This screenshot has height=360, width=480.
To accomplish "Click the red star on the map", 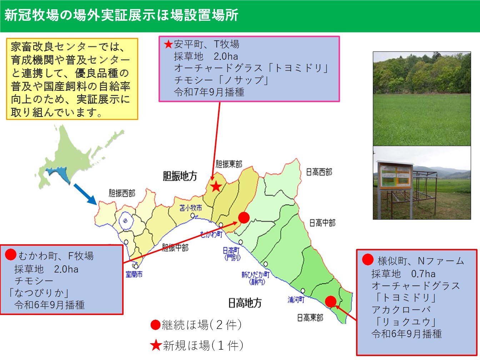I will click(x=215, y=186).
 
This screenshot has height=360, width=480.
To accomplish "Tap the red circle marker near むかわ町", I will click(x=244, y=217).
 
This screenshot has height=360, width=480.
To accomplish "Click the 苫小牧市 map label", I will click(x=191, y=207).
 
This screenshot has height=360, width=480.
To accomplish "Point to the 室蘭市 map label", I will click(x=134, y=274).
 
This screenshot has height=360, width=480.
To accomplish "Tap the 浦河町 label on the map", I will click(x=296, y=300).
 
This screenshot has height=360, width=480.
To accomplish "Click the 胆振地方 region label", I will click(x=180, y=176).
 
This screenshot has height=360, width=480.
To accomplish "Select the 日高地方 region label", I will click(x=245, y=303).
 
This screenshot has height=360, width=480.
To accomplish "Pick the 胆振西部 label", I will click(x=122, y=193).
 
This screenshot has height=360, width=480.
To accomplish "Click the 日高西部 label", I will click(x=319, y=172).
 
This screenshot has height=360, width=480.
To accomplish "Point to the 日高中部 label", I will click(x=322, y=223).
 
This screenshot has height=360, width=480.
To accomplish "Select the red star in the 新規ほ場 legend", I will click(x=156, y=345).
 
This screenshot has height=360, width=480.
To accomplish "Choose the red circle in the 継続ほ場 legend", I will click(x=155, y=325).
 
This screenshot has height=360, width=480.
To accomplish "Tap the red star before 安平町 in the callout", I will click(x=168, y=44).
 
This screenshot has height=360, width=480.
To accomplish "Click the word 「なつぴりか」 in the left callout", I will click(x=39, y=293).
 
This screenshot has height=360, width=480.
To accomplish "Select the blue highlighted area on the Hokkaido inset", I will click(x=59, y=174).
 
